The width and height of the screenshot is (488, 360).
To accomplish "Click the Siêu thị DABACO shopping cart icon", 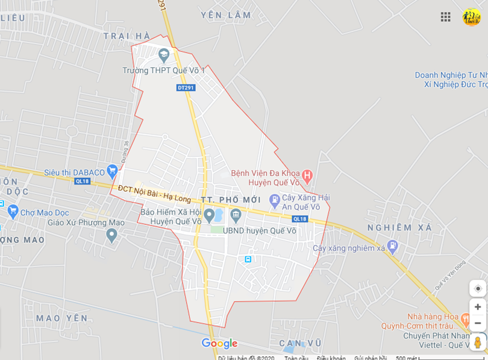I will (111, 171).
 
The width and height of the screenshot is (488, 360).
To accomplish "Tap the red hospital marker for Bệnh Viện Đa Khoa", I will (307, 176).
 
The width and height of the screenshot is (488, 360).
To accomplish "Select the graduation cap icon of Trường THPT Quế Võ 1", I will (164, 56).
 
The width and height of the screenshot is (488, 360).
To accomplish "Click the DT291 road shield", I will (186, 88).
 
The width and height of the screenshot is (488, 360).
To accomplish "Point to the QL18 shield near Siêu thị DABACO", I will (82, 181).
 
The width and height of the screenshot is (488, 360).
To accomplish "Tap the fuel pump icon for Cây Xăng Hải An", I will (275, 198).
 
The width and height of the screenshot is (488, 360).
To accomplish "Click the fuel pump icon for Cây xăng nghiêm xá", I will (393, 245).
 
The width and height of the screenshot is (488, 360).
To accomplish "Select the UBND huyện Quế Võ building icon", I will (236, 215).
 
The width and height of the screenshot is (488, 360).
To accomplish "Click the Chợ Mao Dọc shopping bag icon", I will (13, 212).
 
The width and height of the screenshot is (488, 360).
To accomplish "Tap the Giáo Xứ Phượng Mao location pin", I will (111, 235).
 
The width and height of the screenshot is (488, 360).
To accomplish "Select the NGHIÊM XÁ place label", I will (399, 228).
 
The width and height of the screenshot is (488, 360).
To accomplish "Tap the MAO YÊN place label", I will (61, 318).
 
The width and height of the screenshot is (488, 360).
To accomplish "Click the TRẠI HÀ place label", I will (127, 36).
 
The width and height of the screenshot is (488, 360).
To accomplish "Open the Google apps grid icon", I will (445, 17).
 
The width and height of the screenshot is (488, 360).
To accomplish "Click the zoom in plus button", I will (478, 307).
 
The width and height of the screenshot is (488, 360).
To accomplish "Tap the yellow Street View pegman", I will (478, 342).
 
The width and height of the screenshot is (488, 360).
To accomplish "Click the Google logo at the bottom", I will (219, 344).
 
